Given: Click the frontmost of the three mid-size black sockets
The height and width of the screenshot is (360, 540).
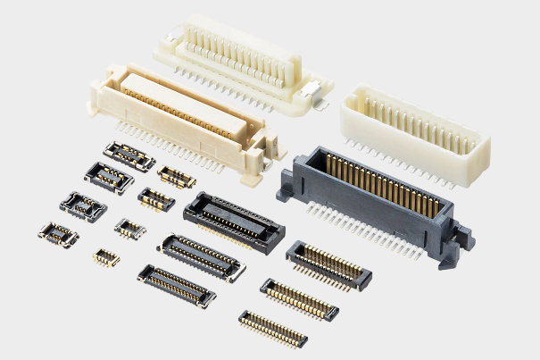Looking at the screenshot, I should click(x=176, y=284).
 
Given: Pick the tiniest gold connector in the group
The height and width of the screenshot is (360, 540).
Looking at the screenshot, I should click(x=105, y=257).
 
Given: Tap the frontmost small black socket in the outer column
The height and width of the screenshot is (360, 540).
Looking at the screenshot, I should click(x=58, y=235).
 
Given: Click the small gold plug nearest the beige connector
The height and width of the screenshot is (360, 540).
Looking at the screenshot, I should click(x=177, y=175).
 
